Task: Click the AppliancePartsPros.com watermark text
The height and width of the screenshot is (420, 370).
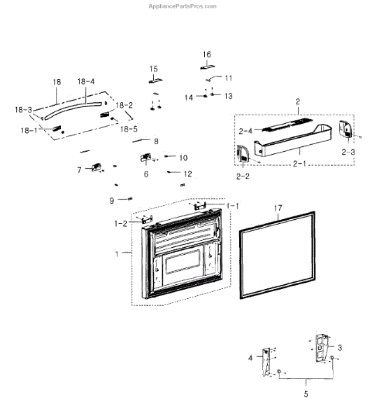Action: [x=183, y=6]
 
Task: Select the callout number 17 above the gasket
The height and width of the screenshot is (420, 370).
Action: [x=278, y=208]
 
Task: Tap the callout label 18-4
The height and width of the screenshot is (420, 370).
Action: [x=86, y=81]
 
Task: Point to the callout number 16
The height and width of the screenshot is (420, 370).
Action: [x=207, y=55]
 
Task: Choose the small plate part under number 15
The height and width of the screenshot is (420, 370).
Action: [x=156, y=80]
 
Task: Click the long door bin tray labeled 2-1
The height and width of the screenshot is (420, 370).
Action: [x=293, y=141]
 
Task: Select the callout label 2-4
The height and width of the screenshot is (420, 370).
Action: [x=246, y=131]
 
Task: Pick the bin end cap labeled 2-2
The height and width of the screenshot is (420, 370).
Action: [x=243, y=154]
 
